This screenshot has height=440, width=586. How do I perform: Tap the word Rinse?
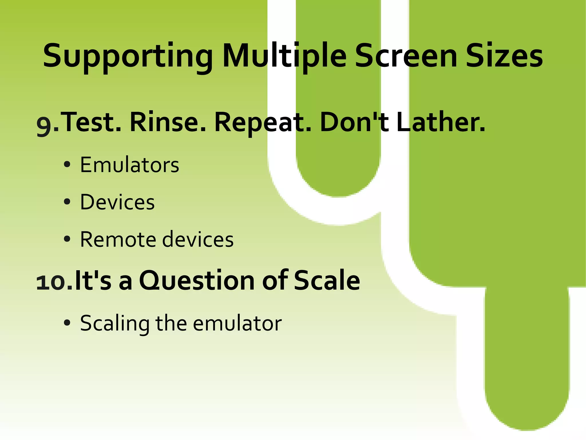pos(167,122)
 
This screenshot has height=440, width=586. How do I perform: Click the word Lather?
pos(441,122)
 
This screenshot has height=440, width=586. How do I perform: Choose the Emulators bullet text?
pos(129,165)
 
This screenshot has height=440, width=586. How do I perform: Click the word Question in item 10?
pos(197,281)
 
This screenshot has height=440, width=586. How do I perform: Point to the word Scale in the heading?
pos(327,281)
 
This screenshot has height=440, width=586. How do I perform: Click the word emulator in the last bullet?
pos(237,323)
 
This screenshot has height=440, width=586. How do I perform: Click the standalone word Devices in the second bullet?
pos(117,202)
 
